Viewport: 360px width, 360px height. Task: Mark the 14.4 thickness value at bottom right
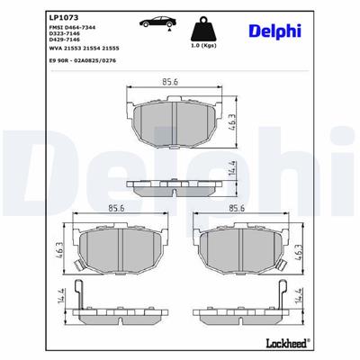click(301, 296)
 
